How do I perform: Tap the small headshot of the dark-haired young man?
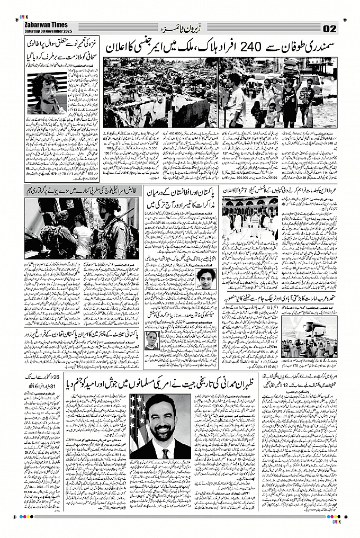pyautogui.click(x=205, y=279)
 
